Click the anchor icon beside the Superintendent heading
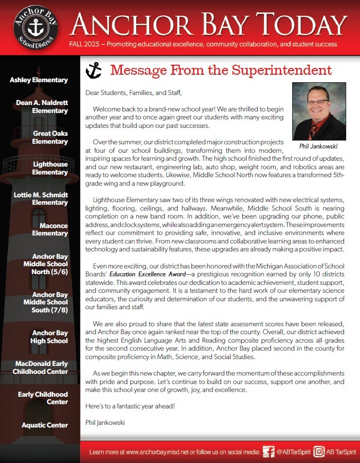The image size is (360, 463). pyautogui.click(x=93, y=71)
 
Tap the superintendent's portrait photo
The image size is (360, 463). pyautogui.click(x=319, y=111)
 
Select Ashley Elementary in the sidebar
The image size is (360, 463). pyautogui.click(x=39, y=80)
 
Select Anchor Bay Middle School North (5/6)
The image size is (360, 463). pyautogui.click(x=46, y=264)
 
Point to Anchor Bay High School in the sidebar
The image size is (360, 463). pyautogui.click(x=50, y=337)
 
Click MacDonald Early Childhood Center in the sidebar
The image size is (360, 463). pyautogui.click(x=41, y=367)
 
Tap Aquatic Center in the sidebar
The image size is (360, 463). pyautogui.click(x=45, y=425)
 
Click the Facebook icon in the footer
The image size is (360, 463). pyautogui.click(x=268, y=452)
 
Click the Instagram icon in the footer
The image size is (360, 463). pyautogui.click(x=319, y=452)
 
